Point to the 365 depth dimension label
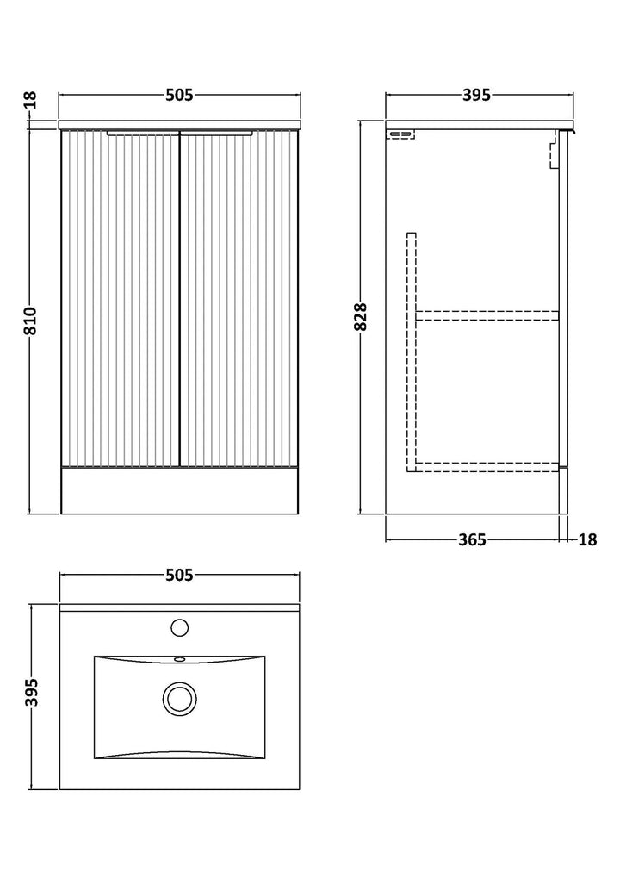(x=472, y=540)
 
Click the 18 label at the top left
(x=29, y=100)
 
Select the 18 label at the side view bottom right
(x=587, y=540)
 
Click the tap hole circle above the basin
(x=179, y=626)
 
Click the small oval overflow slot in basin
(x=179, y=661)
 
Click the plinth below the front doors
(x=179, y=490)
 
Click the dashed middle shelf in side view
(x=487, y=314)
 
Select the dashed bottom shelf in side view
(x=487, y=466)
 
